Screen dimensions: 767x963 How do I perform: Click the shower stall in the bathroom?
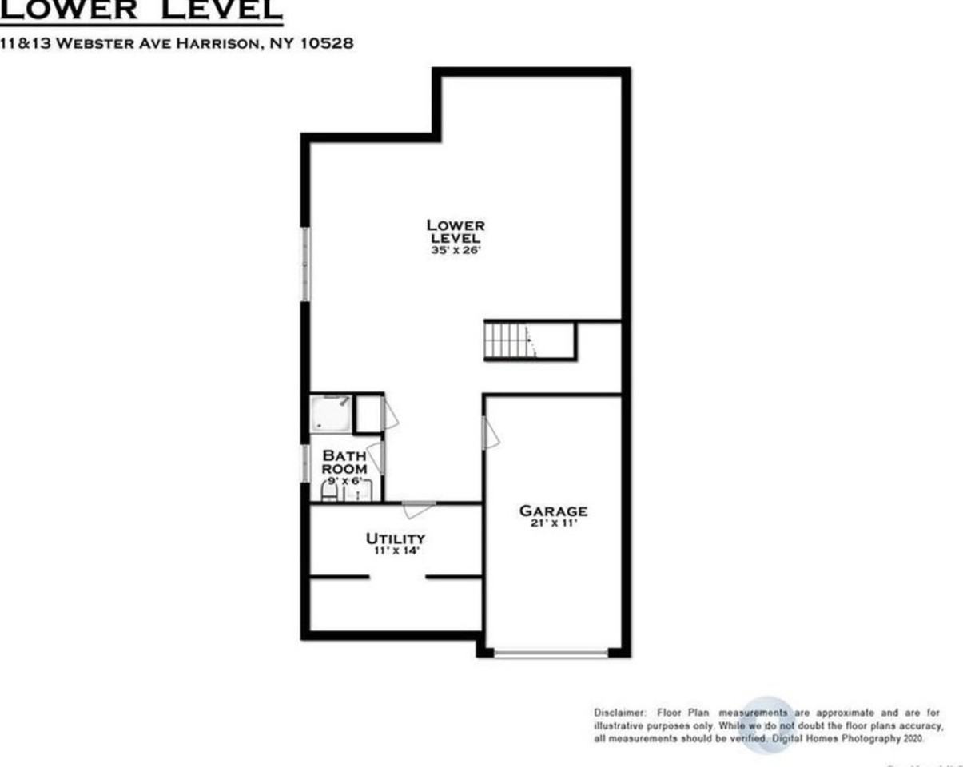[331, 414]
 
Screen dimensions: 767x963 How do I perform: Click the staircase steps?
[507, 340]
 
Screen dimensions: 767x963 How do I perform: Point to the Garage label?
[553, 511]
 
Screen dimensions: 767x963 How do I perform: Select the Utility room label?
[395, 538]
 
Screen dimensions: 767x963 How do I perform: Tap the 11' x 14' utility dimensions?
[395, 551]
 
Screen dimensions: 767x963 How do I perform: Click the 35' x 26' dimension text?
[455, 250]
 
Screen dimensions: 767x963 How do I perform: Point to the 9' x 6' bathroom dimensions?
[344, 481]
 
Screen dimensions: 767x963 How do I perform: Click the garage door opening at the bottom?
[551, 654]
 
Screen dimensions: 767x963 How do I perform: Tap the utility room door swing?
[418, 507]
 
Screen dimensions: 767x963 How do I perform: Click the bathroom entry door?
[376, 456]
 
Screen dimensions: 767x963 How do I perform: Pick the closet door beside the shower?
[390, 414]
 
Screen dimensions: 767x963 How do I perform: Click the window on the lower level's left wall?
[305, 264]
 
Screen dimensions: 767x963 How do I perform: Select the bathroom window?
[305, 463]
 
